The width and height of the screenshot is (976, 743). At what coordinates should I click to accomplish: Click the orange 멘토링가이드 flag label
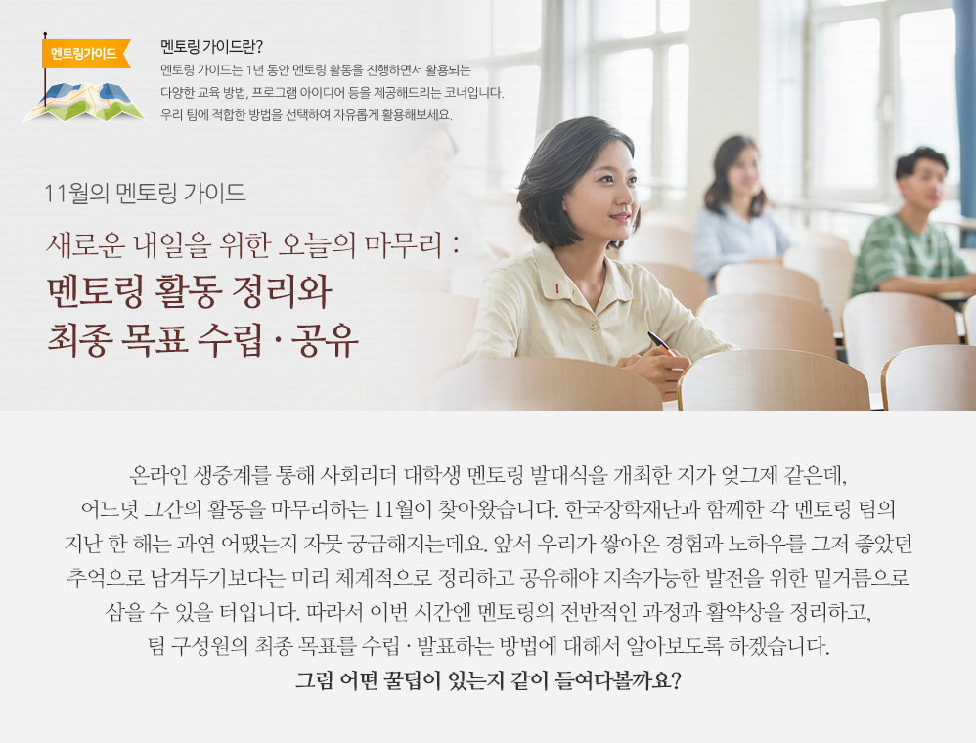[85, 53]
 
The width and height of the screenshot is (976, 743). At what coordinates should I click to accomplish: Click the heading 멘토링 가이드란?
[212, 47]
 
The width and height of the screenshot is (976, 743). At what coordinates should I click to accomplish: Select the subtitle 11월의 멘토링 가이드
[145, 193]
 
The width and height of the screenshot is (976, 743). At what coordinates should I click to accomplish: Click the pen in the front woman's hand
[659, 343]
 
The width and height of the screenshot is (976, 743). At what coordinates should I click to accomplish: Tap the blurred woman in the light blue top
[738, 210]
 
